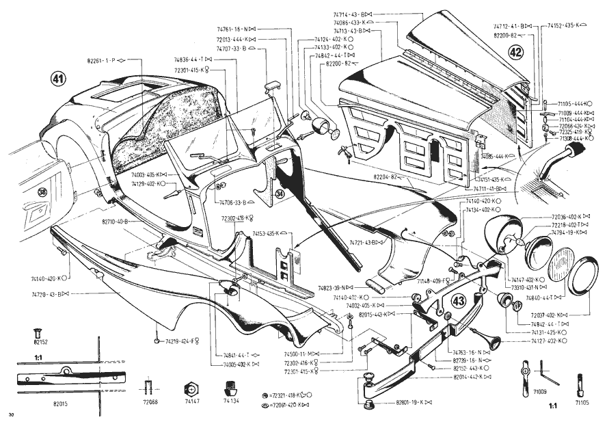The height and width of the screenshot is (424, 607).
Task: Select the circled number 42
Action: tap(515, 52)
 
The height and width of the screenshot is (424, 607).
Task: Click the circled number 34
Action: tap(280, 194)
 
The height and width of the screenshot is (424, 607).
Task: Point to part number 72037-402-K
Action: tap(551, 315)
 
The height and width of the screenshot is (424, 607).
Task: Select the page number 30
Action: tap(11, 415)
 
